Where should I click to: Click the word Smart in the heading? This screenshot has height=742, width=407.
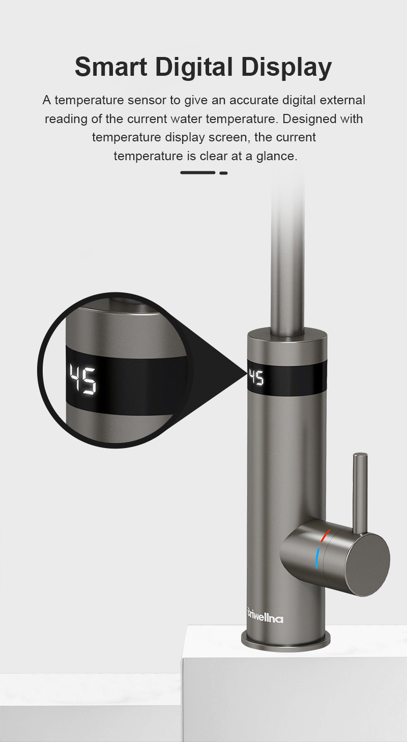click(111, 67)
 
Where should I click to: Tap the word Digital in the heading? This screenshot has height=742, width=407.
click(194, 67)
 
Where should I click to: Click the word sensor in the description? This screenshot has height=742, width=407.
click(147, 100)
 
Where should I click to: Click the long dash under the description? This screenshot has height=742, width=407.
click(198, 172)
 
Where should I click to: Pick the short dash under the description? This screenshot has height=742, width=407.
click(223, 172)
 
